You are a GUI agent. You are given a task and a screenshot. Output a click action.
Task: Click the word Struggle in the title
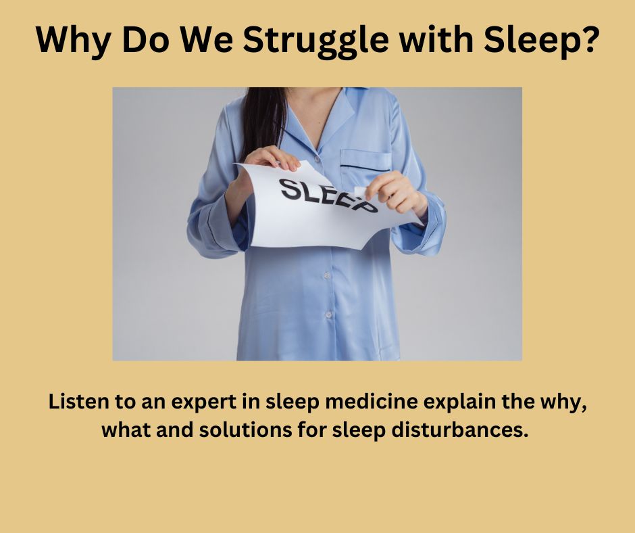pyautogui.click(x=315, y=41)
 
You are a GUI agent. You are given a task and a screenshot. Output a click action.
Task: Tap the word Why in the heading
pyautogui.click(x=74, y=41)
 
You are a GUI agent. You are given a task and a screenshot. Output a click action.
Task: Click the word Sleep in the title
pyautogui.click(x=530, y=41)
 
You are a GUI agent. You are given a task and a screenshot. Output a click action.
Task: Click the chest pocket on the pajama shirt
pyautogui.click(x=365, y=160)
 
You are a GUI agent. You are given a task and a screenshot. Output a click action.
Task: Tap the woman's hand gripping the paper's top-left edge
pyautogui.click(x=272, y=158)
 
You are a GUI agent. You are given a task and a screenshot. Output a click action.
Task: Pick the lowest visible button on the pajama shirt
pyautogui.click(x=328, y=315)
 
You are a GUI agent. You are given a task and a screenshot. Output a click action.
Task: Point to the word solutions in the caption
pyautogui.click(x=245, y=430)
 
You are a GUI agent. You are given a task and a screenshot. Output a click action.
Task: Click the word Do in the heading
pyautogui.click(x=145, y=39)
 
